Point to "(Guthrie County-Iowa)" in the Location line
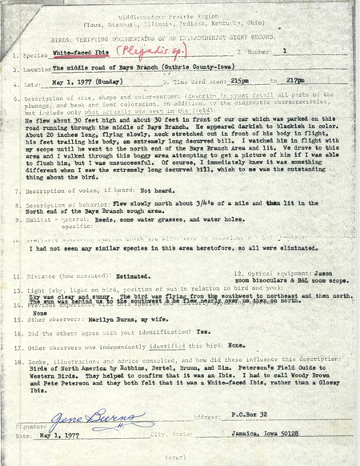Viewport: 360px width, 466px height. pos(189,68)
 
